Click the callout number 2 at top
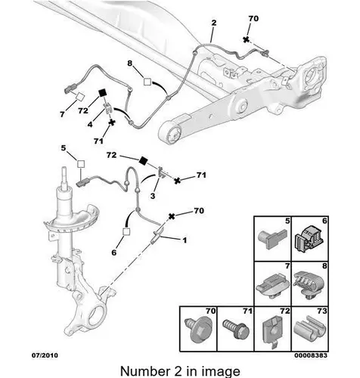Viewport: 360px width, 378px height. pyautogui.click(x=214, y=23)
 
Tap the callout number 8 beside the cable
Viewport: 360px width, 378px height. pyautogui.click(x=129, y=64)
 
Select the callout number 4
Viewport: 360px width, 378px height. pyautogui.click(x=90, y=124)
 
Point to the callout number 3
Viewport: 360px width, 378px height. pyautogui.click(x=153, y=196)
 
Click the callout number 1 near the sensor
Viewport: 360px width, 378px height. pyautogui.click(x=185, y=240)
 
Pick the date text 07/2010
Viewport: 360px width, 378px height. pyautogui.click(x=45, y=355)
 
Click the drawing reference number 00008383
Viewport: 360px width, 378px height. pyautogui.click(x=311, y=355)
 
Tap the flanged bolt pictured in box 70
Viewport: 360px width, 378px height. pyautogui.click(x=198, y=330)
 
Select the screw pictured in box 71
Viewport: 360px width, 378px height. pyautogui.click(x=236, y=330)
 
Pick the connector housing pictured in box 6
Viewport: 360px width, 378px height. pyautogui.click(x=309, y=239)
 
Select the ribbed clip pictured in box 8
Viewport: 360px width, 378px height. pyautogui.click(x=309, y=283)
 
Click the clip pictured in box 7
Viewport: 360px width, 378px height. pyautogui.click(x=273, y=286)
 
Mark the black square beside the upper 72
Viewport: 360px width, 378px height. pyautogui.click(x=103, y=93)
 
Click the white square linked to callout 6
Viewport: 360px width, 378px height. pyautogui.click(x=126, y=231)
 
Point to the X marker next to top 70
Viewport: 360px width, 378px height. pyautogui.click(x=246, y=39)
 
